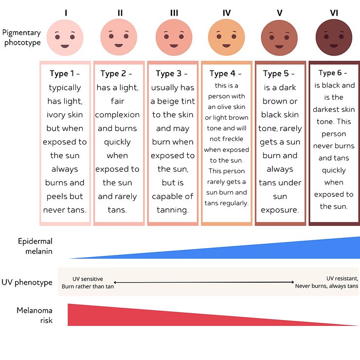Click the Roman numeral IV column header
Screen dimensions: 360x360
coord(227,12)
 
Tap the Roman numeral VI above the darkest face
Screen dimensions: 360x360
coord(334,12)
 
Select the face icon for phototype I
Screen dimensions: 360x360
coord(65,38)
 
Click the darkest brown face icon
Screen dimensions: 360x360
coord(334,38)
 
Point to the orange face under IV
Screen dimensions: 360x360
coord(226,38)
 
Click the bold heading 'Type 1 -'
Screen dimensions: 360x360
coord(65,74)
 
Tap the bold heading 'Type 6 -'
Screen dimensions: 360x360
coord(333,73)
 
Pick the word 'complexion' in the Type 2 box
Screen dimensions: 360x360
coord(117,115)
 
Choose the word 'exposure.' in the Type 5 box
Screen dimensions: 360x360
coord(280,210)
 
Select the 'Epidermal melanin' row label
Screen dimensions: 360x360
coord(35,246)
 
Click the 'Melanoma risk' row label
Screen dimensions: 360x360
coord(35,315)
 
